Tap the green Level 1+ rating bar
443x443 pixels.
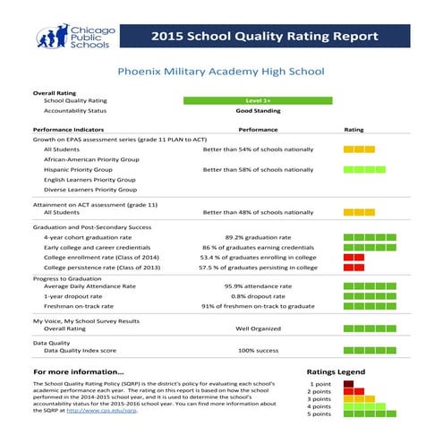click(257, 101)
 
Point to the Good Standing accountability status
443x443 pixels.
click(257, 111)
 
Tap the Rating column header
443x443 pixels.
click(354, 130)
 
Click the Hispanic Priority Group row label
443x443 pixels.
click(78, 169)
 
